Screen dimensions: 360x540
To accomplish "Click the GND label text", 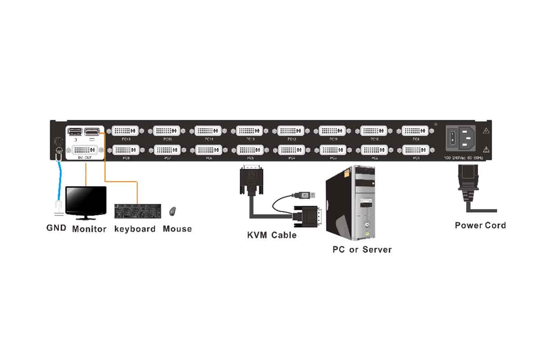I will coord(56,228).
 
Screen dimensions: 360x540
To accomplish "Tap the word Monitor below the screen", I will coord(89,229).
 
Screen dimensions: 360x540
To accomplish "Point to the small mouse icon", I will coord(173,211).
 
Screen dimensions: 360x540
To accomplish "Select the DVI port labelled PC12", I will coord(291,130).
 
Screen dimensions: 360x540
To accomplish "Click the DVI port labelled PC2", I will coord(374,149).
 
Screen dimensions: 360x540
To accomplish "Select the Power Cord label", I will coord(480,225).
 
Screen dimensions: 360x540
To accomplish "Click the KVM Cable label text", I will coord(272,235).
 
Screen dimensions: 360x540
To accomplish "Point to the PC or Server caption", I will coord(362,249).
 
